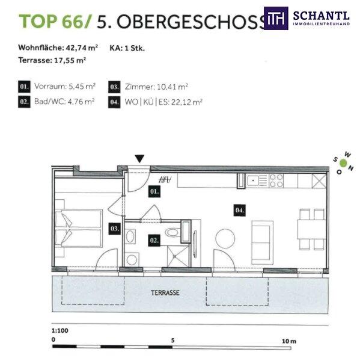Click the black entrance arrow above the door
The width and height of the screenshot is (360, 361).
point(139,159)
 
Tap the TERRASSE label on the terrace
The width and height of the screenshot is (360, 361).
point(165,293)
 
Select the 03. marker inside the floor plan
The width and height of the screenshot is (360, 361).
point(115,229)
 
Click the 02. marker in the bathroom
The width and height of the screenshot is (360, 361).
point(154,241)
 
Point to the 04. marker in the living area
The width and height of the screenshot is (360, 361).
point(239,210)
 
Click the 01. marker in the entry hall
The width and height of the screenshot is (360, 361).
point(154,191)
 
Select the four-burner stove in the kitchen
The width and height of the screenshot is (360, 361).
point(276,180)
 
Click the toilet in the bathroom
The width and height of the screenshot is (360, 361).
point(173,232)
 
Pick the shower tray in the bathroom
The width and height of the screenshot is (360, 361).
point(178,256)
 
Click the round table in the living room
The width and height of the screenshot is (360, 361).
point(225,238)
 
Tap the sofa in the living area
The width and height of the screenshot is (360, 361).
point(262,242)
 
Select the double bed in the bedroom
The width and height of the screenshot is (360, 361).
point(79,228)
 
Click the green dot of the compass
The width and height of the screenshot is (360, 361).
point(343,163)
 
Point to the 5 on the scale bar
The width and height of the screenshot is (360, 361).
point(172,341)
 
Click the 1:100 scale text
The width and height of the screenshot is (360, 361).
point(60,330)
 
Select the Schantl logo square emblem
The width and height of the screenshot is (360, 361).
point(276,18)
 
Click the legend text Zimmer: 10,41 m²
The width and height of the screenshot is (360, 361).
point(156,87)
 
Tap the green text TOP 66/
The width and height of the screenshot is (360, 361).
point(55,22)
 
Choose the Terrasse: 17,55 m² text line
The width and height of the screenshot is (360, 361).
point(52,60)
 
